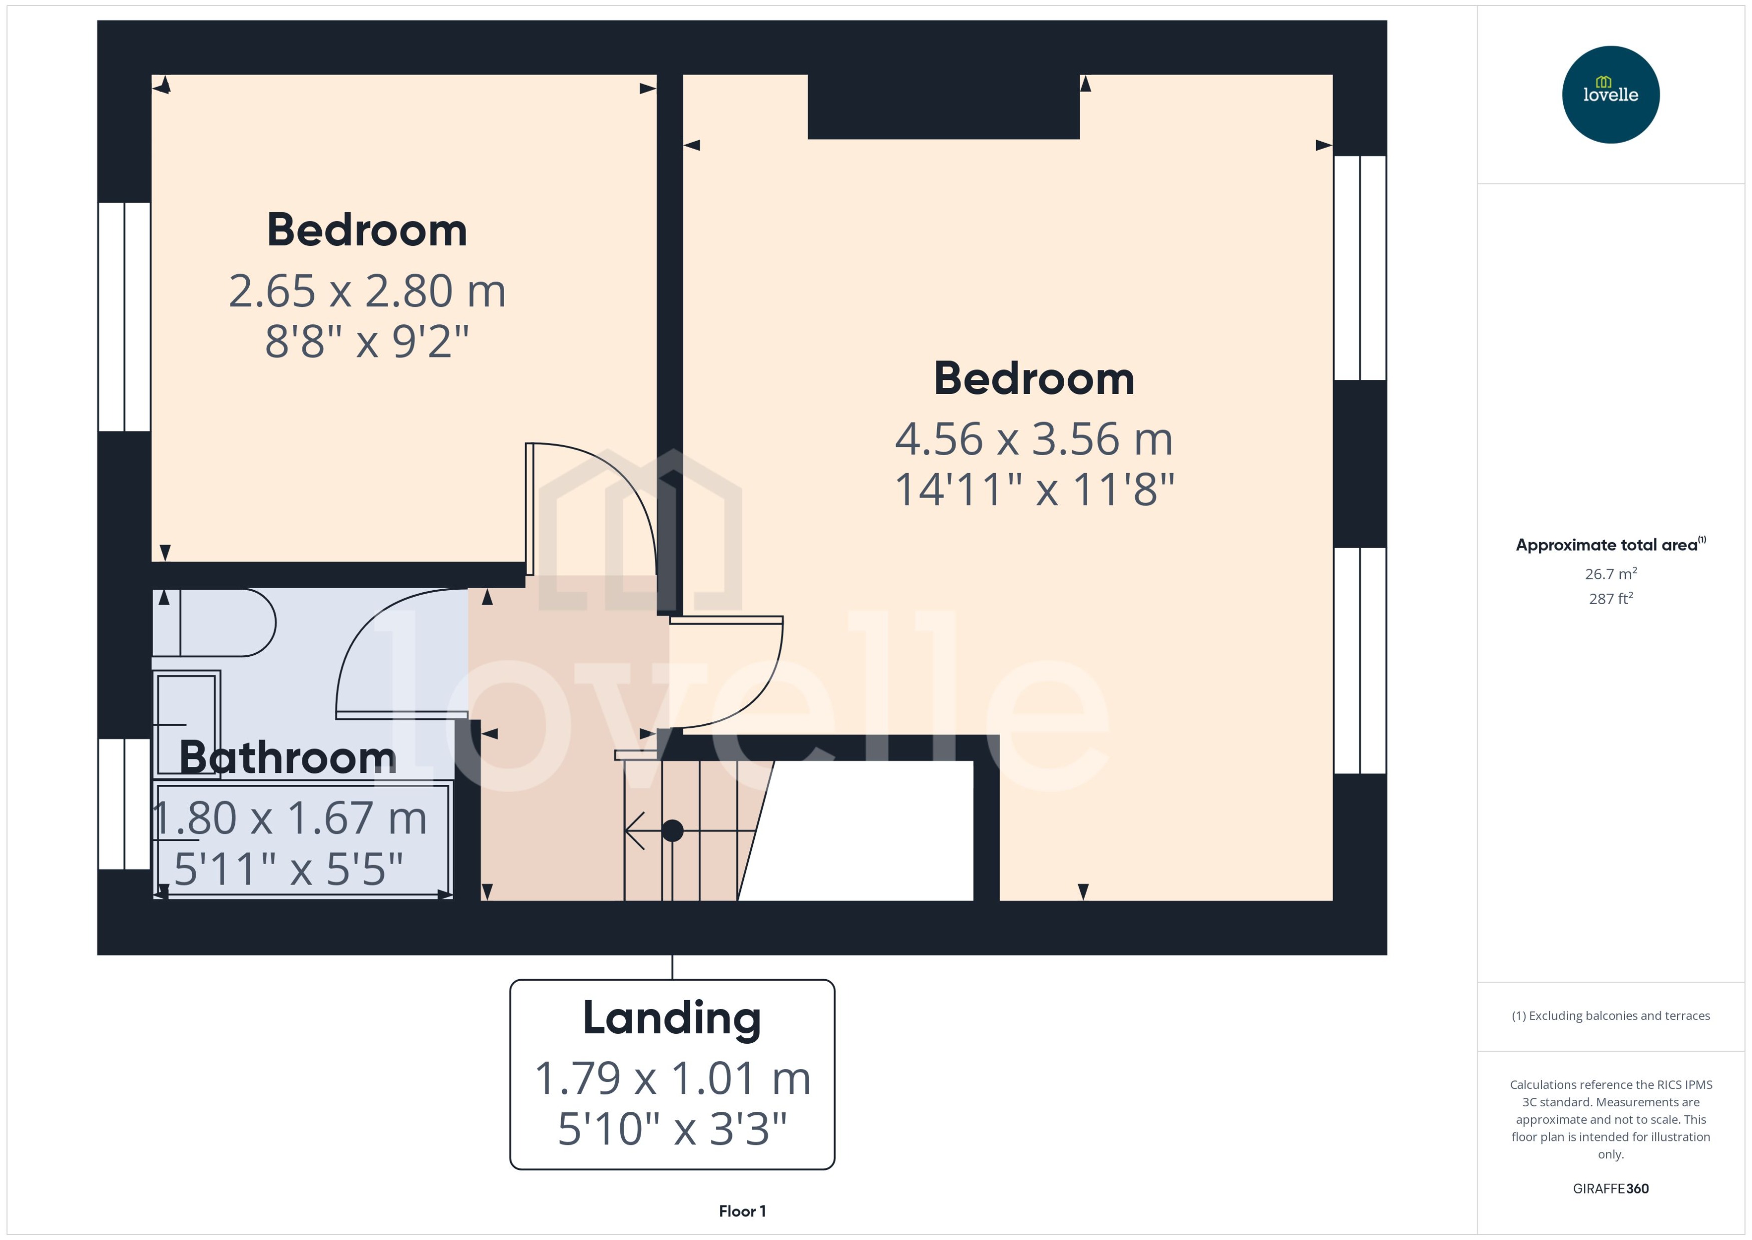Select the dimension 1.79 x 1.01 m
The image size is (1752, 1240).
672,1078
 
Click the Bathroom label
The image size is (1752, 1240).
288,757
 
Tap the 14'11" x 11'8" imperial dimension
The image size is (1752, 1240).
1034,490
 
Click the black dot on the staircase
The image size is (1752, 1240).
672,830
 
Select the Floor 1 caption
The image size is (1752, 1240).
742,1211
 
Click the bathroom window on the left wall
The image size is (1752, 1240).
124,803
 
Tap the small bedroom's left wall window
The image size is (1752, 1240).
124,317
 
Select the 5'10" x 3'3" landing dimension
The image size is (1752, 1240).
672,1128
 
